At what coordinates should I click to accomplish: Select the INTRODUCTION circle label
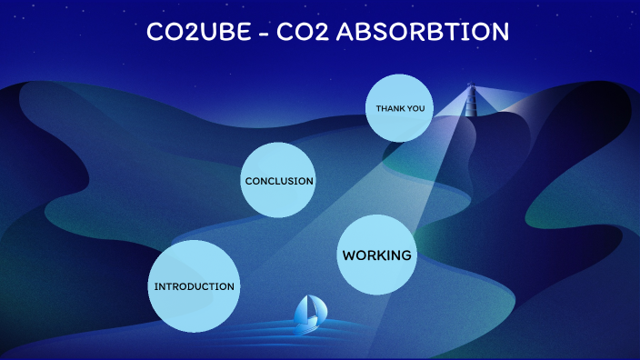(x=194, y=286)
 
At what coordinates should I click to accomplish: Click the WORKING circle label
(x=376, y=255)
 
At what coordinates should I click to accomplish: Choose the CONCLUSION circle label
(x=279, y=180)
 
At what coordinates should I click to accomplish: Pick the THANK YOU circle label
(x=401, y=108)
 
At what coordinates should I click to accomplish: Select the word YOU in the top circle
(x=416, y=108)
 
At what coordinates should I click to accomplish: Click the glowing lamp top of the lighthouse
(x=471, y=87)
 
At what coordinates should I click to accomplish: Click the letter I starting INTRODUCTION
(x=156, y=286)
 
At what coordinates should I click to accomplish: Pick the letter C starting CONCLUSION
(x=248, y=180)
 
